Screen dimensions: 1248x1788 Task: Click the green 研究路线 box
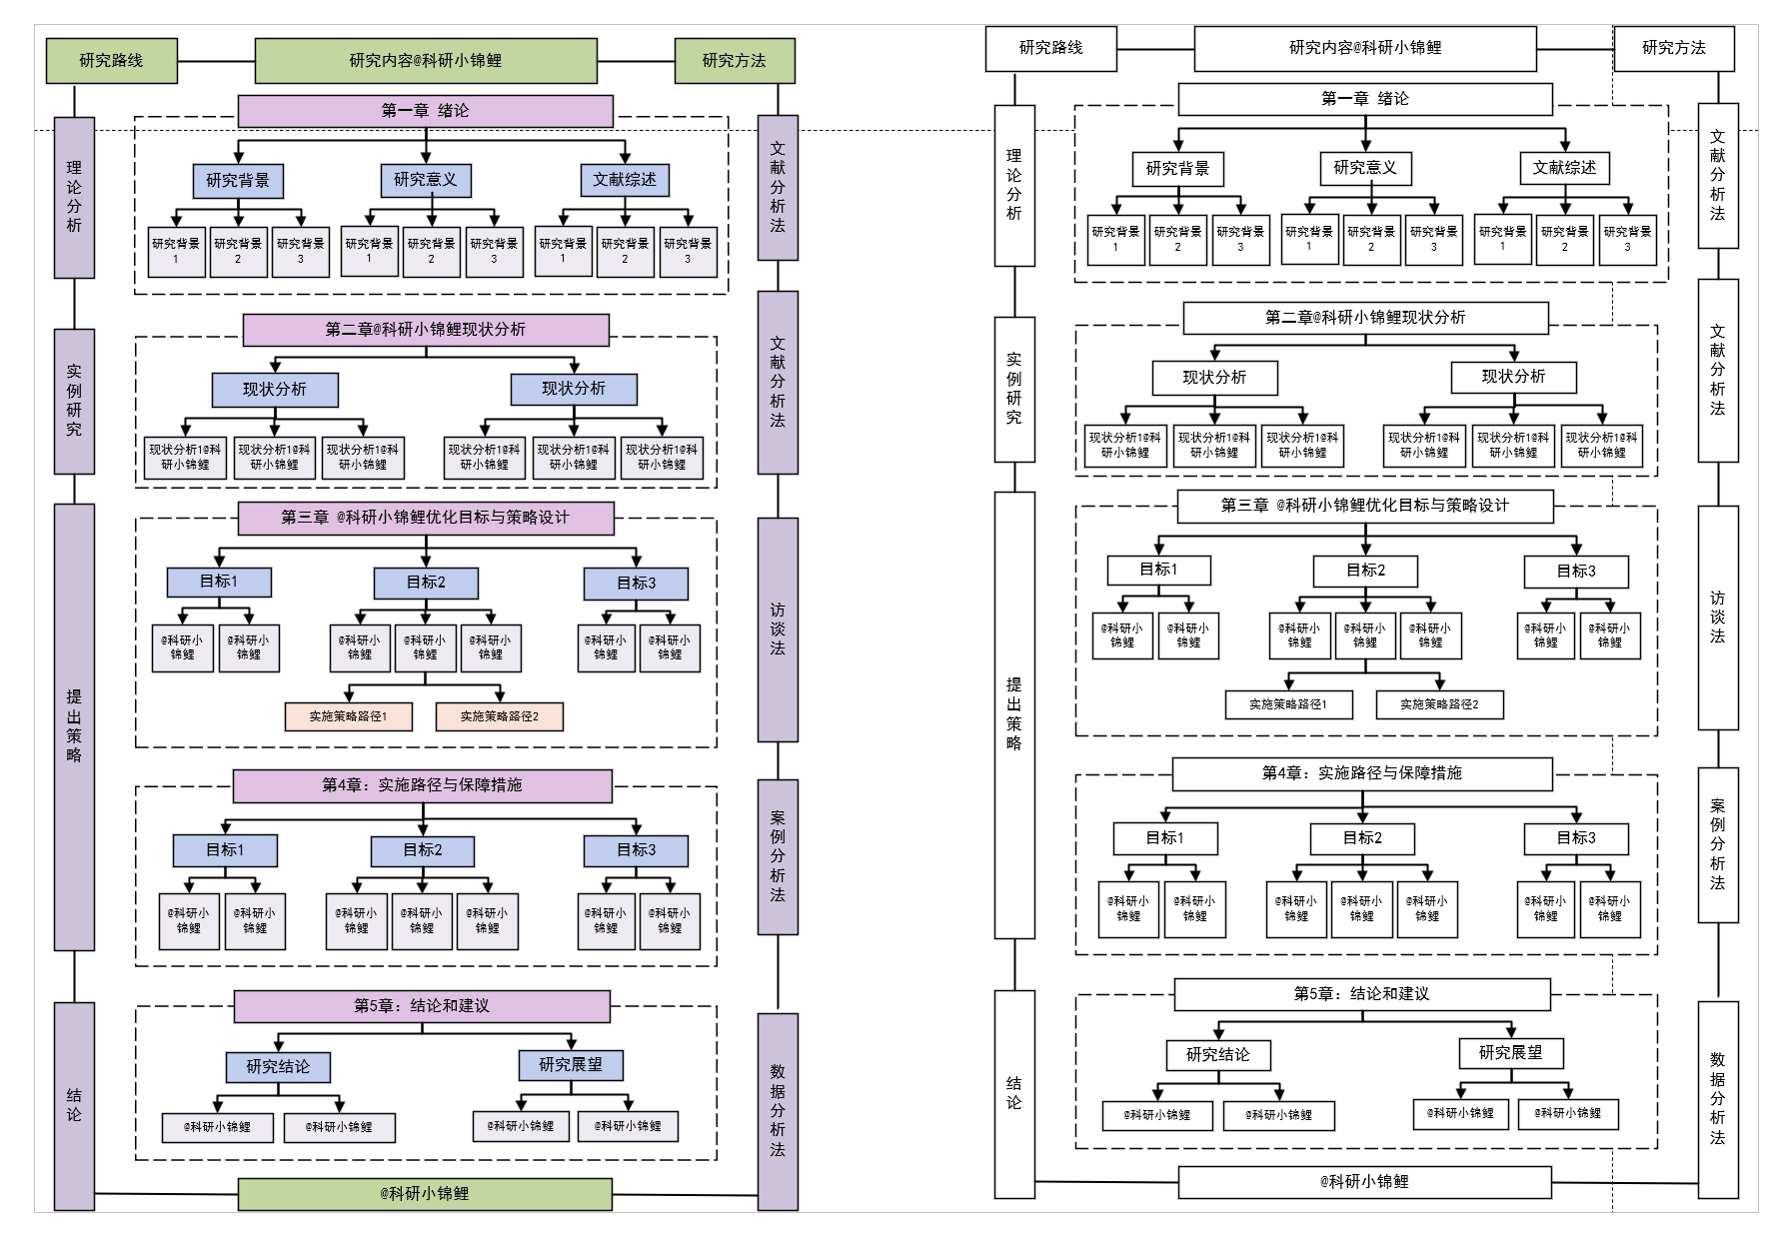(111, 60)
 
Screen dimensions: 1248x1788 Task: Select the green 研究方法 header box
(734, 60)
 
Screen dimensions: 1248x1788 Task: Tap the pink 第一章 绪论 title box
(425, 111)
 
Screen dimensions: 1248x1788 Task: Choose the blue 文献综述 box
(625, 180)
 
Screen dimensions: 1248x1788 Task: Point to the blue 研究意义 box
(425, 180)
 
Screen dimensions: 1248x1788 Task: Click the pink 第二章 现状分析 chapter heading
(425, 330)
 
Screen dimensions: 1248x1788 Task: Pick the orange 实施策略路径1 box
(348, 716)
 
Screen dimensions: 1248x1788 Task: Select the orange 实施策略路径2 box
(499, 716)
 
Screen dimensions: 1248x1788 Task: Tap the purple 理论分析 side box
(74, 197)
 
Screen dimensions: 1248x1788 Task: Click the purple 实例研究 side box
(74, 401)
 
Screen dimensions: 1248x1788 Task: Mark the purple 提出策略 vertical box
(74, 726)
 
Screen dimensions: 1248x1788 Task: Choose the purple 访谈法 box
(778, 629)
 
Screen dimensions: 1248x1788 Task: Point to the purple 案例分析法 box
(778, 856)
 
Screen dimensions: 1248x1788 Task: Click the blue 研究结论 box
(278, 1067)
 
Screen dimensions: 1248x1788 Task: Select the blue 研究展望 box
(571, 1065)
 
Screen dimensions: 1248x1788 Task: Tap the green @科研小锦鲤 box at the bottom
(425, 1193)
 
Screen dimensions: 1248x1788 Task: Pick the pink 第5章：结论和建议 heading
(422, 1006)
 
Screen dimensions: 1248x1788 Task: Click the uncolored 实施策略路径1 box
(1288, 704)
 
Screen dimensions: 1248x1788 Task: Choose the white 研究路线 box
(1050, 48)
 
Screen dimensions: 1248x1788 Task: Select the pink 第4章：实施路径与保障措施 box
(422, 785)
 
